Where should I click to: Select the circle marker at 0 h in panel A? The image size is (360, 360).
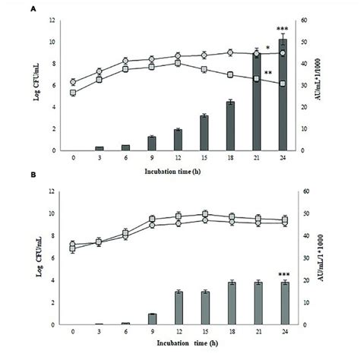pyautogui.click(x=73, y=82)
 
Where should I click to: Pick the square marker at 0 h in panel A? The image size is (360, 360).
pyautogui.click(x=73, y=93)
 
